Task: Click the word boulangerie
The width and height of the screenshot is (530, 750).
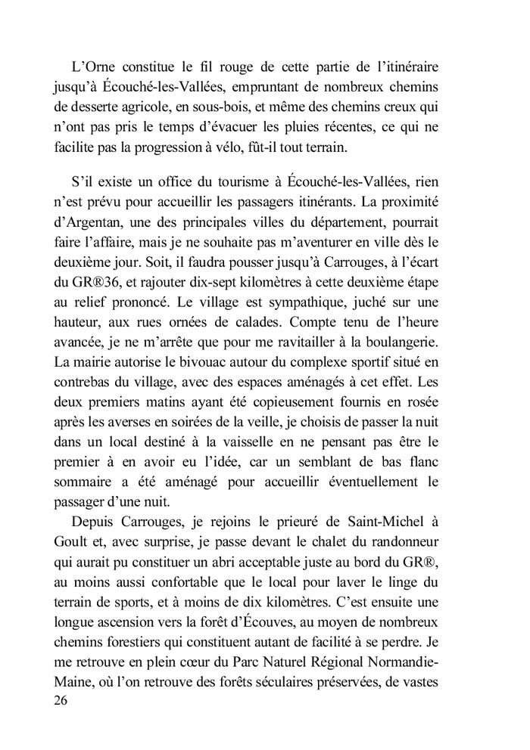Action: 429,342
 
